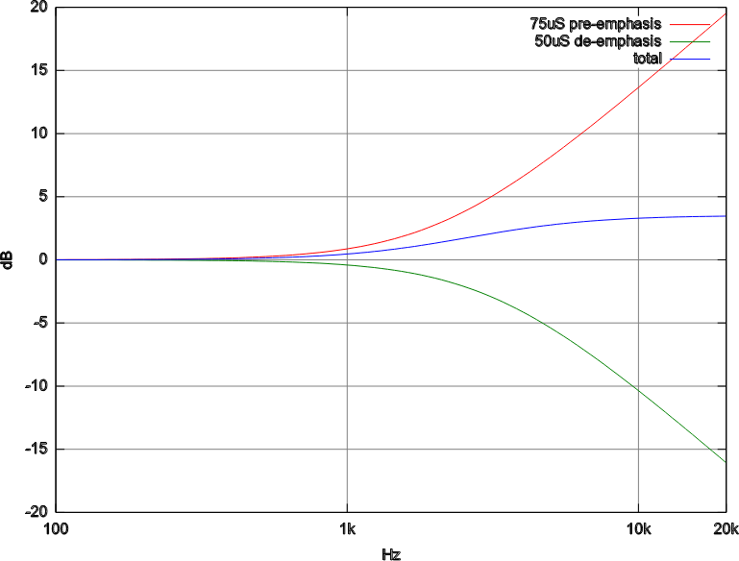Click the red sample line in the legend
pos(690,25)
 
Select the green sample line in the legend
pos(690,42)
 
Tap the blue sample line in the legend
pos(690,60)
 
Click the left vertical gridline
pos(347,144)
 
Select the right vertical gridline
pos(638,288)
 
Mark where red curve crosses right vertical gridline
pos(638,87)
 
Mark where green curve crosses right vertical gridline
pos(638,388)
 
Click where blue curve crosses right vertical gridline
pos(638,219)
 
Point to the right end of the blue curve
pos(726,216)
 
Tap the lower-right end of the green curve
pos(726,462)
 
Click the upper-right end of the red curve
pos(726,12)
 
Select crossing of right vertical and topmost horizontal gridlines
pos(638,70)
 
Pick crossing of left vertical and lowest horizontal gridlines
pos(347,450)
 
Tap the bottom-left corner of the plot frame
pos(56,511)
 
